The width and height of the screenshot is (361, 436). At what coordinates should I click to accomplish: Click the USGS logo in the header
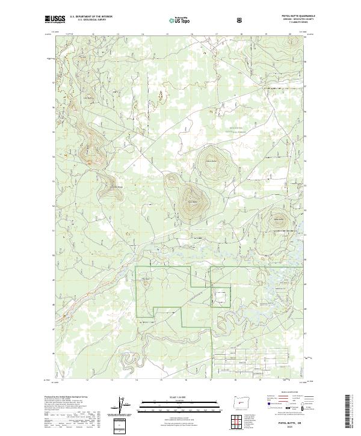tap(55, 19)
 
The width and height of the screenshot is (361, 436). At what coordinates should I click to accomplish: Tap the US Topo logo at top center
tap(174, 20)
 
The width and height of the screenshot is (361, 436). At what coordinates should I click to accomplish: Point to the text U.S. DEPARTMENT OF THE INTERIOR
tap(91, 16)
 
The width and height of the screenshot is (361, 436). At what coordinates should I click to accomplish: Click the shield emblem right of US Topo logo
tap(206, 20)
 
